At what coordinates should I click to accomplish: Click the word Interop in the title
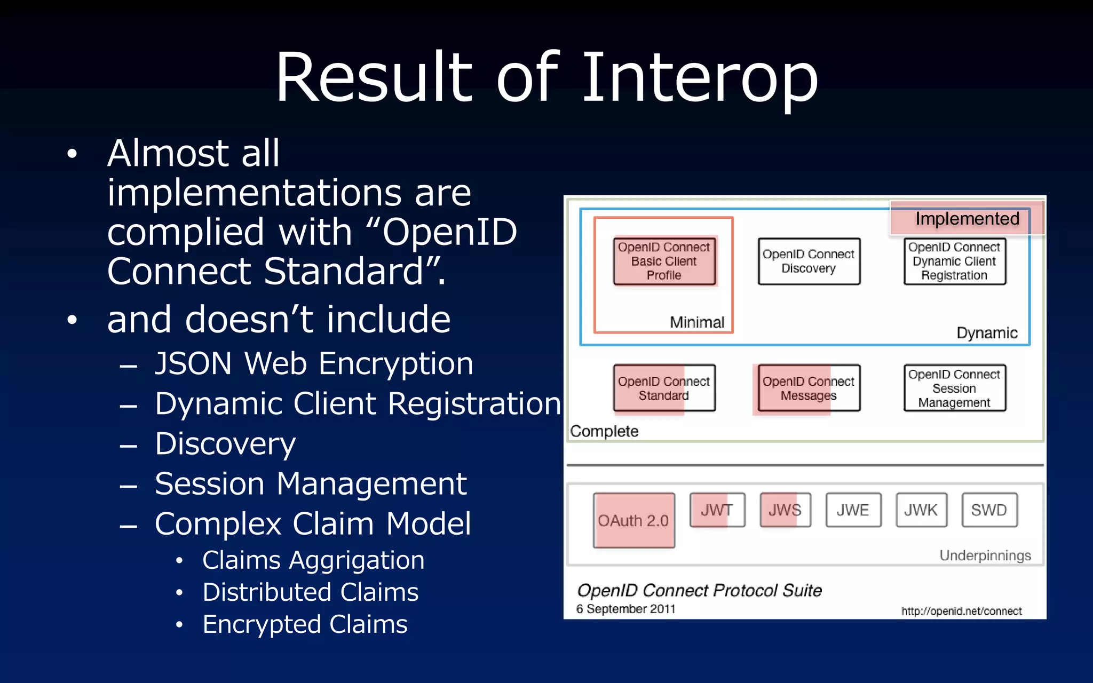(x=699, y=77)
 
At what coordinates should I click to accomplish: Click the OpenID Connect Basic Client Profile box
(x=664, y=261)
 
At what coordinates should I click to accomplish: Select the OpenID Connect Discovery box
(x=809, y=261)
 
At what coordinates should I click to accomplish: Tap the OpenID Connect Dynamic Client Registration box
(x=954, y=261)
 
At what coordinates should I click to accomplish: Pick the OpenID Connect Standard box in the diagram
(x=664, y=388)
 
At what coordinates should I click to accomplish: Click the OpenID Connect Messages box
(x=809, y=388)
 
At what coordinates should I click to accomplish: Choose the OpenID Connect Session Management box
(x=954, y=388)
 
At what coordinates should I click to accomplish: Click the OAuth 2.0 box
(x=633, y=520)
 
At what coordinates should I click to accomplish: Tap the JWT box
(x=717, y=510)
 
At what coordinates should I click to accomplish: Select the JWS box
(x=785, y=510)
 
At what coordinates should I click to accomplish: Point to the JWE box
(x=853, y=510)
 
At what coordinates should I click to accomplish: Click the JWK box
(x=921, y=510)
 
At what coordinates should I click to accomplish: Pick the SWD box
(x=989, y=510)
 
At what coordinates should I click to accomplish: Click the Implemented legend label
(x=967, y=219)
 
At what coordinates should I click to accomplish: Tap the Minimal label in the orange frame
(x=697, y=322)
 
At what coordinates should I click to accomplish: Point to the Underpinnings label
(x=985, y=555)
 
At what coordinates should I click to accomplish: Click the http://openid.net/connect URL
(x=961, y=611)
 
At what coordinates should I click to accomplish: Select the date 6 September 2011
(x=625, y=609)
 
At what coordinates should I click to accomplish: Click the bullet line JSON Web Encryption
(x=314, y=364)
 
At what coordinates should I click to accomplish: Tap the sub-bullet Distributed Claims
(x=310, y=592)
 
